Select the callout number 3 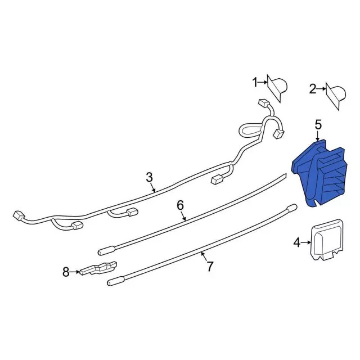point(149,177)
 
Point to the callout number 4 point(297,243)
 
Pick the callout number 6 point(180,205)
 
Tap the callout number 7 point(210,267)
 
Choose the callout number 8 point(66,272)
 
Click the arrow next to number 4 point(307,243)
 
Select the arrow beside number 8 point(75,272)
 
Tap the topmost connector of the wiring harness point(262,103)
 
